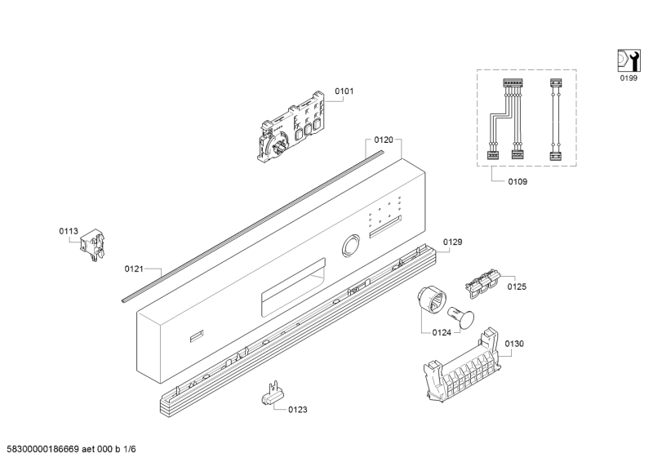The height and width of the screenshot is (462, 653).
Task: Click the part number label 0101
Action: (344, 91)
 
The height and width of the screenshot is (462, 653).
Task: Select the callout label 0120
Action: (384, 140)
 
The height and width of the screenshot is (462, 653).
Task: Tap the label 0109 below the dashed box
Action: (517, 181)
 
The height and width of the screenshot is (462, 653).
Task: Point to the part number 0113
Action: (68, 232)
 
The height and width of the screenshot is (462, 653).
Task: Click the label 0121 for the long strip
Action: (135, 268)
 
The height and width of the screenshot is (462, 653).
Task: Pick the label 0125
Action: (517, 287)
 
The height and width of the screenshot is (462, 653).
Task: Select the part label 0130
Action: (514, 344)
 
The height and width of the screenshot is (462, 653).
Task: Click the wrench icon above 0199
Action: (626, 60)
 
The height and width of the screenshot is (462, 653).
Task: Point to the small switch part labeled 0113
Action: (96, 244)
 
